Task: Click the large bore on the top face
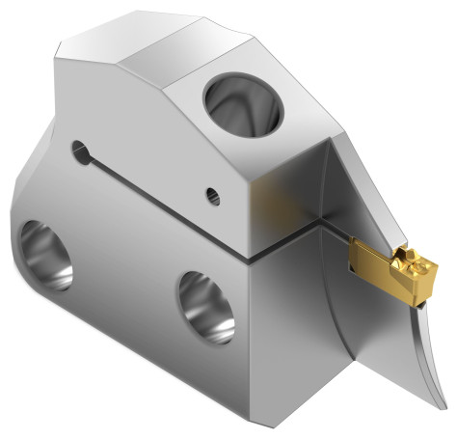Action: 242,103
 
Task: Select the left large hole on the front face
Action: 45,254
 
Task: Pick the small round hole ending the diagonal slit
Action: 79,151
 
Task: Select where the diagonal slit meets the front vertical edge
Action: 248,259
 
